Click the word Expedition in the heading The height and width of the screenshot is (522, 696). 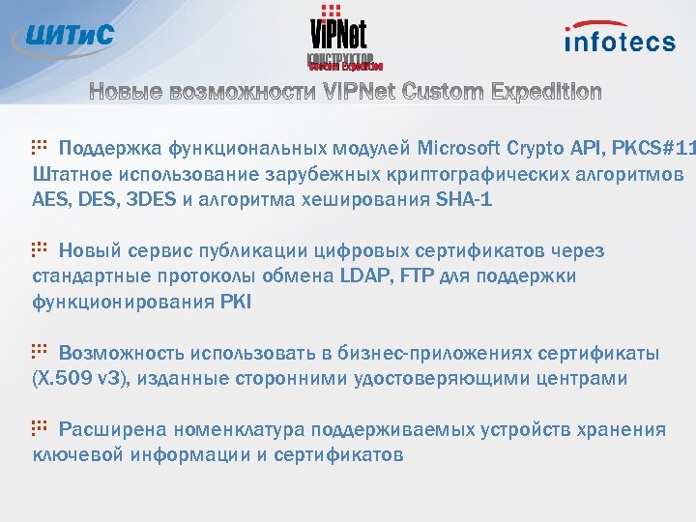[x=546, y=93]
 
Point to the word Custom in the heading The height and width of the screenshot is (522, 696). [x=444, y=93]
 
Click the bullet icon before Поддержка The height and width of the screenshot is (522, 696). [x=40, y=147]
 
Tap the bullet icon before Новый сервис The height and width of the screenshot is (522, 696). [x=40, y=249]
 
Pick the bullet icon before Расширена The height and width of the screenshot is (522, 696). [x=40, y=428]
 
